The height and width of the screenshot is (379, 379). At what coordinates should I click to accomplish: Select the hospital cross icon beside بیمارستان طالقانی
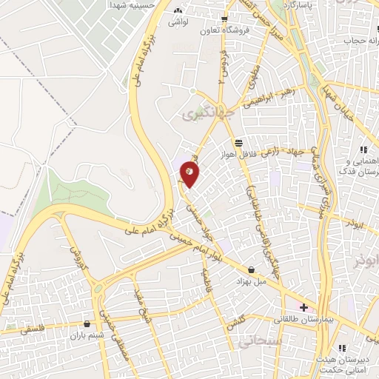point(303,306)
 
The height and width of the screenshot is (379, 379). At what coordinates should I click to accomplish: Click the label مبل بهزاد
point(251,282)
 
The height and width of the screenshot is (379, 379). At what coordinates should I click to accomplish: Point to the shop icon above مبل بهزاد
point(252,270)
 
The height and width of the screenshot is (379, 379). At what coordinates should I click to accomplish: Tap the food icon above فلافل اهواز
point(238,144)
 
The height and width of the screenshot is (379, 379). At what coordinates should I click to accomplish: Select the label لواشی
point(178,24)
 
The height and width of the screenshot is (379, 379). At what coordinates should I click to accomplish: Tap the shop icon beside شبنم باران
point(88,323)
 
